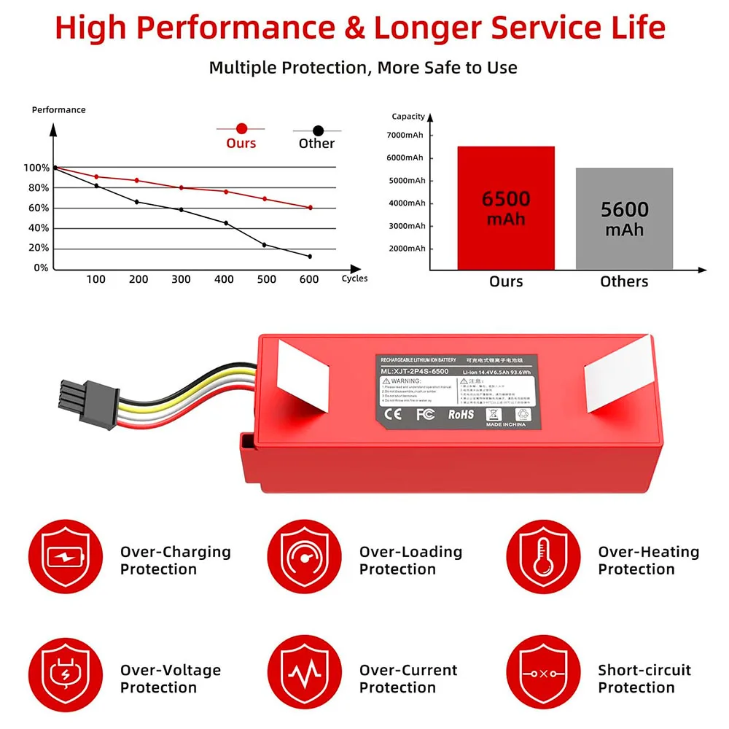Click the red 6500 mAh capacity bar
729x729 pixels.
tap(506, 208)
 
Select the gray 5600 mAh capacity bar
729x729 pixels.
tap(624, 219)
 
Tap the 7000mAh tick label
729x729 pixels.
tap(405, 135)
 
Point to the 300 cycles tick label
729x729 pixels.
tap(181, 279)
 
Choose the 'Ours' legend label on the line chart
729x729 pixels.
tap(241, 143)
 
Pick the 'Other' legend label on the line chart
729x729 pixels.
tap(316, 143)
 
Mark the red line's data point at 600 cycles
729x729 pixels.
tap(310, 208)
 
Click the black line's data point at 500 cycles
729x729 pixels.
tap(264, 245)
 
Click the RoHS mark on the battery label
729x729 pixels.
tap(461, 414)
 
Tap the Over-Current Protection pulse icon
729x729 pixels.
tap(305, 677)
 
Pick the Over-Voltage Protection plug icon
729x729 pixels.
tap(66, 677)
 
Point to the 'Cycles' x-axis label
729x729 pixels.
tap(354, 278)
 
